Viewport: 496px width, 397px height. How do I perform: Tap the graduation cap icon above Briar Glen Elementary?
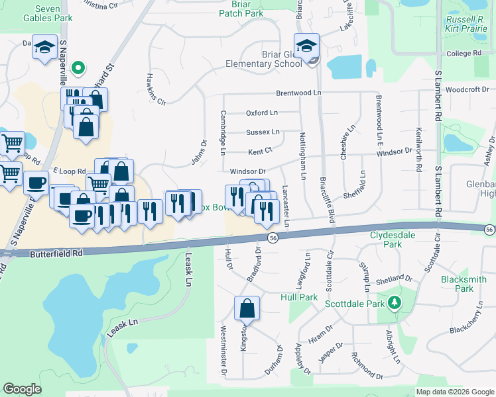pyautogui.click(x=307, y=46)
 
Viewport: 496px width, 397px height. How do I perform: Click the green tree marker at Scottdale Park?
pyautogui.click(x=395, y=302)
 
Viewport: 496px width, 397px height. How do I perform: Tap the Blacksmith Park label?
pyautogui.click(x=464, y=284)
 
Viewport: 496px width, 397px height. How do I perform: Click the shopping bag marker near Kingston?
pyautogui.click(x=247, y=308)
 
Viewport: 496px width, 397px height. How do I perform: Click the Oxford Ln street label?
pyautogui.click(x=262, y=113)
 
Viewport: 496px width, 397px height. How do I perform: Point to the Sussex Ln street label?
pyautogui.click(x=263, y=132)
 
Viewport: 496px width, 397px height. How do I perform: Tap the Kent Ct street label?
pyautogui.click(x=260, y=152)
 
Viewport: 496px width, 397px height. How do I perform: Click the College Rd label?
pyautogui.click(x=464, y=54)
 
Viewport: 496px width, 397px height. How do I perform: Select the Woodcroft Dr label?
pyautogui.click(x=467, y=89)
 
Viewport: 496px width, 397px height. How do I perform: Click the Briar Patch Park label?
pyautogui.click(x=242, y=9)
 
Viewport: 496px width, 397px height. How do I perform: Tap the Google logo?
pyautogui.click(x=22, y=389)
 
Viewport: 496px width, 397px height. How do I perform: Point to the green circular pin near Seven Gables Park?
pyautogui.click(x=78, y=67)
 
